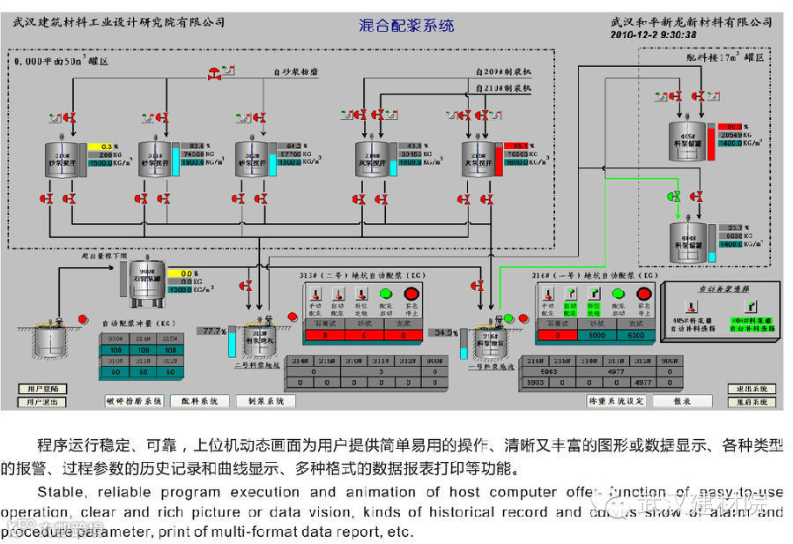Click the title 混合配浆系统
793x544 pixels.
[406, 26]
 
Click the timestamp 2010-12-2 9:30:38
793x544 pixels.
[653, 35]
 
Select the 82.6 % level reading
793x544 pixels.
[196, 145]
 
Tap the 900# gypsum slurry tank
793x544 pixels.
[146, 276]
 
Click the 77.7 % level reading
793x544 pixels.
[214, 331]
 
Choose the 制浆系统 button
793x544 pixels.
[266, 401]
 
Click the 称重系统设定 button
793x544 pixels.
[616, 401]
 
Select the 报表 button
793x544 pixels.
[682, 401]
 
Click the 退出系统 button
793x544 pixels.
[752, 389]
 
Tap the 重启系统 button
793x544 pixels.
[752, 402]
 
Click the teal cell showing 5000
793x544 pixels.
[597, 335]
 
